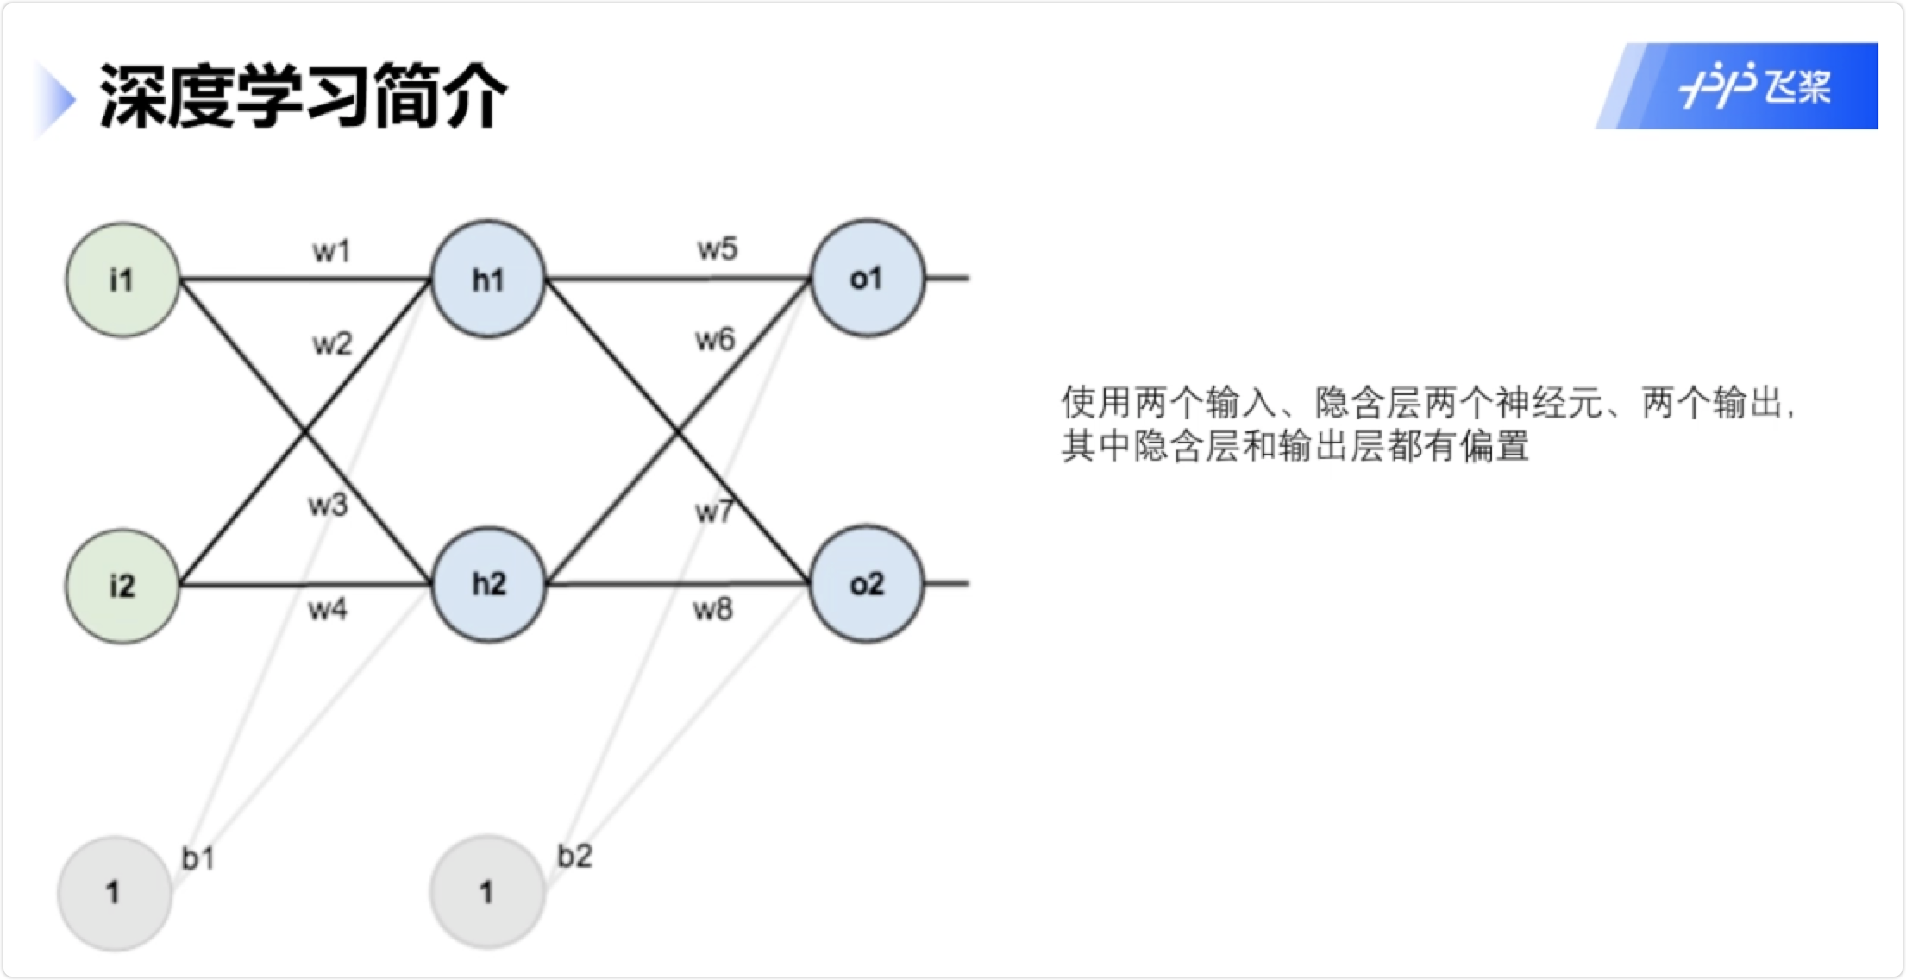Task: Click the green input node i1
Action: point(122,280)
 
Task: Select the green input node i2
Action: point(122,586)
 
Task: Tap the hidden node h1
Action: point(488,279)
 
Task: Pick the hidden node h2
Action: point(488,584)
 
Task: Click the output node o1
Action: point(866,278)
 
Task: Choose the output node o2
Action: point(866,584)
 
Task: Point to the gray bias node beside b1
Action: point(114,892)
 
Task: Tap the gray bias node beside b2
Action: point(487,892)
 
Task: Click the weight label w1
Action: point(332,251)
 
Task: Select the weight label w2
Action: point(332,344)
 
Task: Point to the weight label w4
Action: point(328,610)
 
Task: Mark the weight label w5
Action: point(717,249)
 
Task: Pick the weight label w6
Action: point(715,340)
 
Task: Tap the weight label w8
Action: point(712,610)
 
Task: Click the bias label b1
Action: point(197,857)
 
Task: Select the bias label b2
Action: point(574,856)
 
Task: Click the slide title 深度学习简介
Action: point(302,95)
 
